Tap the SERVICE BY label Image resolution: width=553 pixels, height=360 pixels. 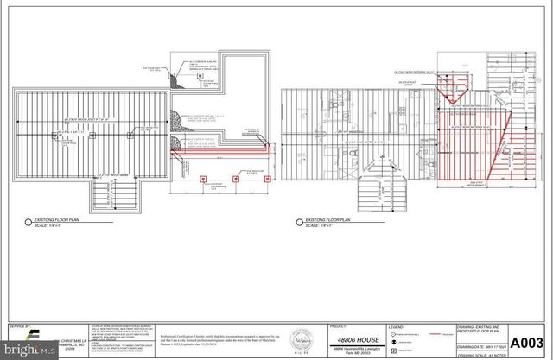(x=19, y=327)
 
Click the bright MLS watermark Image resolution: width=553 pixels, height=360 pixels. (x=31, y=351)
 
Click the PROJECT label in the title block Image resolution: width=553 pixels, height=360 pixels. (x=340, y=328)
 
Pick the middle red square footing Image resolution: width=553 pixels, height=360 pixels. (x=234, y=181)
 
